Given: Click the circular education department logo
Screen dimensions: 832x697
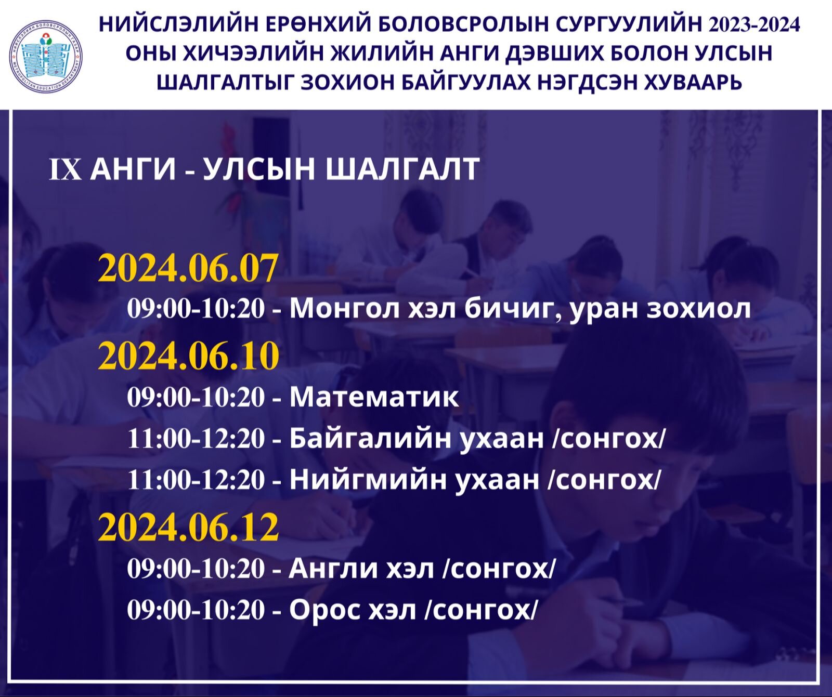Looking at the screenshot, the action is pyautogui.click(x=46, y=57).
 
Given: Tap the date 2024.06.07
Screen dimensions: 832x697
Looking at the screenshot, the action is pyautogui.click(x=188, y=269).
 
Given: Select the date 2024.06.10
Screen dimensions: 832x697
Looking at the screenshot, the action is pyautogui.click(x=188, y=356).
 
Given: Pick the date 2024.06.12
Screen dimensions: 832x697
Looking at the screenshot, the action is pyautogui.click(x=188, y=528).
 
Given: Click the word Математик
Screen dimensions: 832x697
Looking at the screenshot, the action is pyautogui.click(x=374, y=398).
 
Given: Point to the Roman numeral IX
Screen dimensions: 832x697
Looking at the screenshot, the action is pyautogui.click(x=66, y=169).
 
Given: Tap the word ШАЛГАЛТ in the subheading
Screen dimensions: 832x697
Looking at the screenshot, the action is pyautogui.click(x=402, y=169).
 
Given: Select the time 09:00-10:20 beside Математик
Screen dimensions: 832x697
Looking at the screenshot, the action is pyautogui.click(x=196, y=398).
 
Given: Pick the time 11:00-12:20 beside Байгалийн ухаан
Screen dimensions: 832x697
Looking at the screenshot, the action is pyautogui.click(x=196, y=439).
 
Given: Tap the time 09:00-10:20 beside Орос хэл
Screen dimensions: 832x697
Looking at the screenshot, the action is pyautogui.click(x=196, y=610).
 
